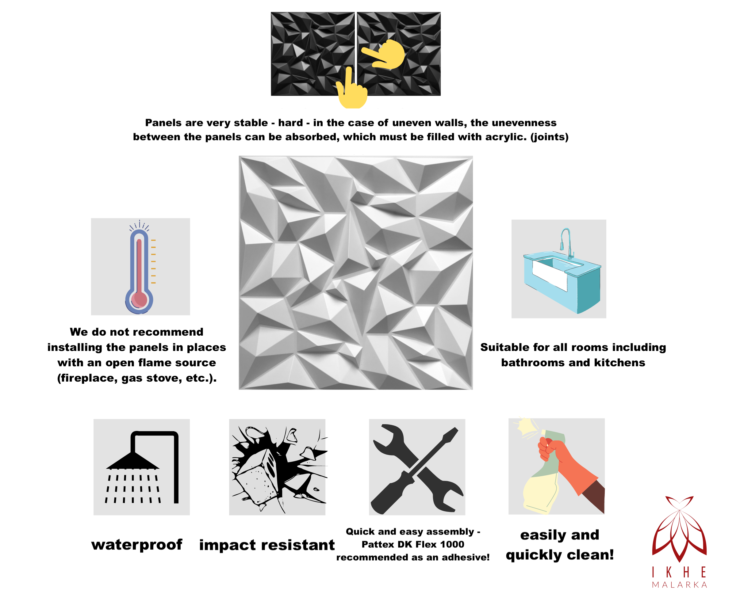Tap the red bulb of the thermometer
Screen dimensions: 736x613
coord(139,299)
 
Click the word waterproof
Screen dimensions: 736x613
coord(137,545)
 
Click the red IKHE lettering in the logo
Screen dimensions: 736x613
coord(679,572)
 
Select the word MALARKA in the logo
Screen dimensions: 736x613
coord(679,584)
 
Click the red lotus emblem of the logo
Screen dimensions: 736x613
coord(679,529)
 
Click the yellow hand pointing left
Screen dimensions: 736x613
coord(384,55)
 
